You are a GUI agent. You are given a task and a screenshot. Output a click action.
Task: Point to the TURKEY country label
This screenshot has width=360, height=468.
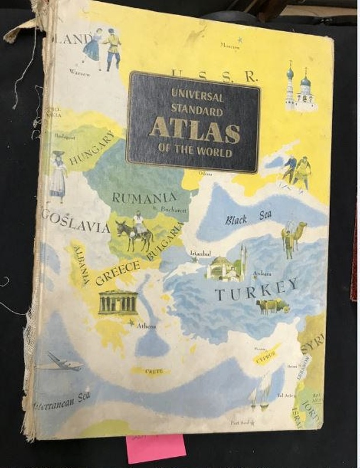click(x=256, y=289)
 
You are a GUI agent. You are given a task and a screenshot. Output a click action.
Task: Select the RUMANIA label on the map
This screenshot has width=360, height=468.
click(x=144, y=198)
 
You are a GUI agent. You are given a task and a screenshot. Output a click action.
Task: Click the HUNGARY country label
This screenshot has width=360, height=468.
click(x=92, y=148)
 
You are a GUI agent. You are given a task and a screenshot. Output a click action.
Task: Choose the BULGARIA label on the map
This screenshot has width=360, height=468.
click(x=165, y=241)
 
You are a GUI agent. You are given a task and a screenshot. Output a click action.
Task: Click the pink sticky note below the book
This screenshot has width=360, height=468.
click(x=155, y=448)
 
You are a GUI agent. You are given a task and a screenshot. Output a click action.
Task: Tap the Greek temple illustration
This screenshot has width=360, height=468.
click(x=117, y=302)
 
